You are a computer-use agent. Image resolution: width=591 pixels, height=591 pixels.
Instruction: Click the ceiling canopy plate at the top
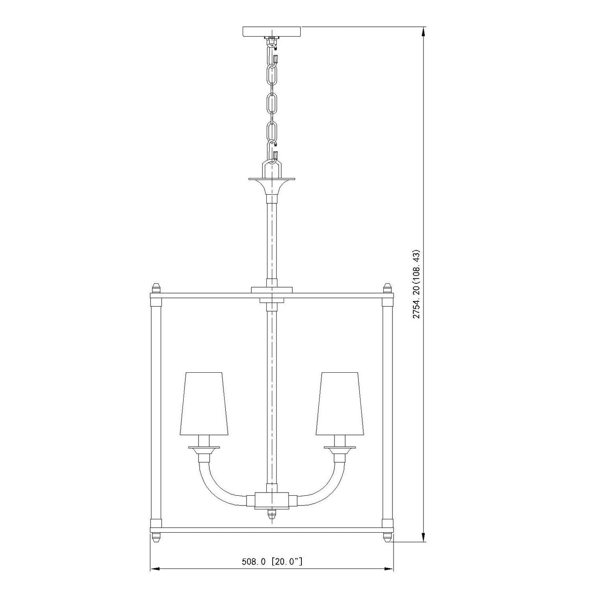coord(272,31)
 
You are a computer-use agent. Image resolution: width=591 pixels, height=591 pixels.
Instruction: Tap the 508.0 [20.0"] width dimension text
coord(272,561)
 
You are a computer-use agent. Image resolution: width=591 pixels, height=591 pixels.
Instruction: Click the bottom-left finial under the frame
coord(156,537)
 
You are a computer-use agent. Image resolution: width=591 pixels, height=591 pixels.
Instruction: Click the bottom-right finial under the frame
coord(388,537)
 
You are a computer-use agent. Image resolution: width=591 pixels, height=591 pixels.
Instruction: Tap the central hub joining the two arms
coord(271,500)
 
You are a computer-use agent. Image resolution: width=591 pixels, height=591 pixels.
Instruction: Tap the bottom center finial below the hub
coord(271,514)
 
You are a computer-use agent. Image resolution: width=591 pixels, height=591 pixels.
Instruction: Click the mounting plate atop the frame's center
coord(271,290)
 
